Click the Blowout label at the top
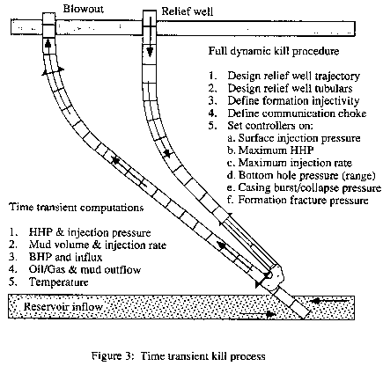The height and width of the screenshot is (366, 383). click(84, 9)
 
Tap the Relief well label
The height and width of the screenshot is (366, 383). click(188, 11)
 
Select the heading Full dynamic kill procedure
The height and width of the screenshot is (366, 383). click(274, 51)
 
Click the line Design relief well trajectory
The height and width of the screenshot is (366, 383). click(293, 76)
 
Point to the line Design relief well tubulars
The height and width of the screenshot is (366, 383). click(290, 88)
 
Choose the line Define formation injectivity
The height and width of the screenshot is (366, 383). click(293, 100)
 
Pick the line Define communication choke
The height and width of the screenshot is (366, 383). click(297, 113)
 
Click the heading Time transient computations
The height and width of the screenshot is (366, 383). click(77, 208)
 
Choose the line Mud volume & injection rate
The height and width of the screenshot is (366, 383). click(97, 245)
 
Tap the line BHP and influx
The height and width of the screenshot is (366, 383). click(65, 257)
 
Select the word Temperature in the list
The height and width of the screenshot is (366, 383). click(58, 282)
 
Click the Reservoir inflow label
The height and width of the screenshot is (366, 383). click(63, 307)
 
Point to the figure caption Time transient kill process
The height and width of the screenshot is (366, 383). click(203, 356)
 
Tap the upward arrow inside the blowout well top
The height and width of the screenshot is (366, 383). click(48, 44)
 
